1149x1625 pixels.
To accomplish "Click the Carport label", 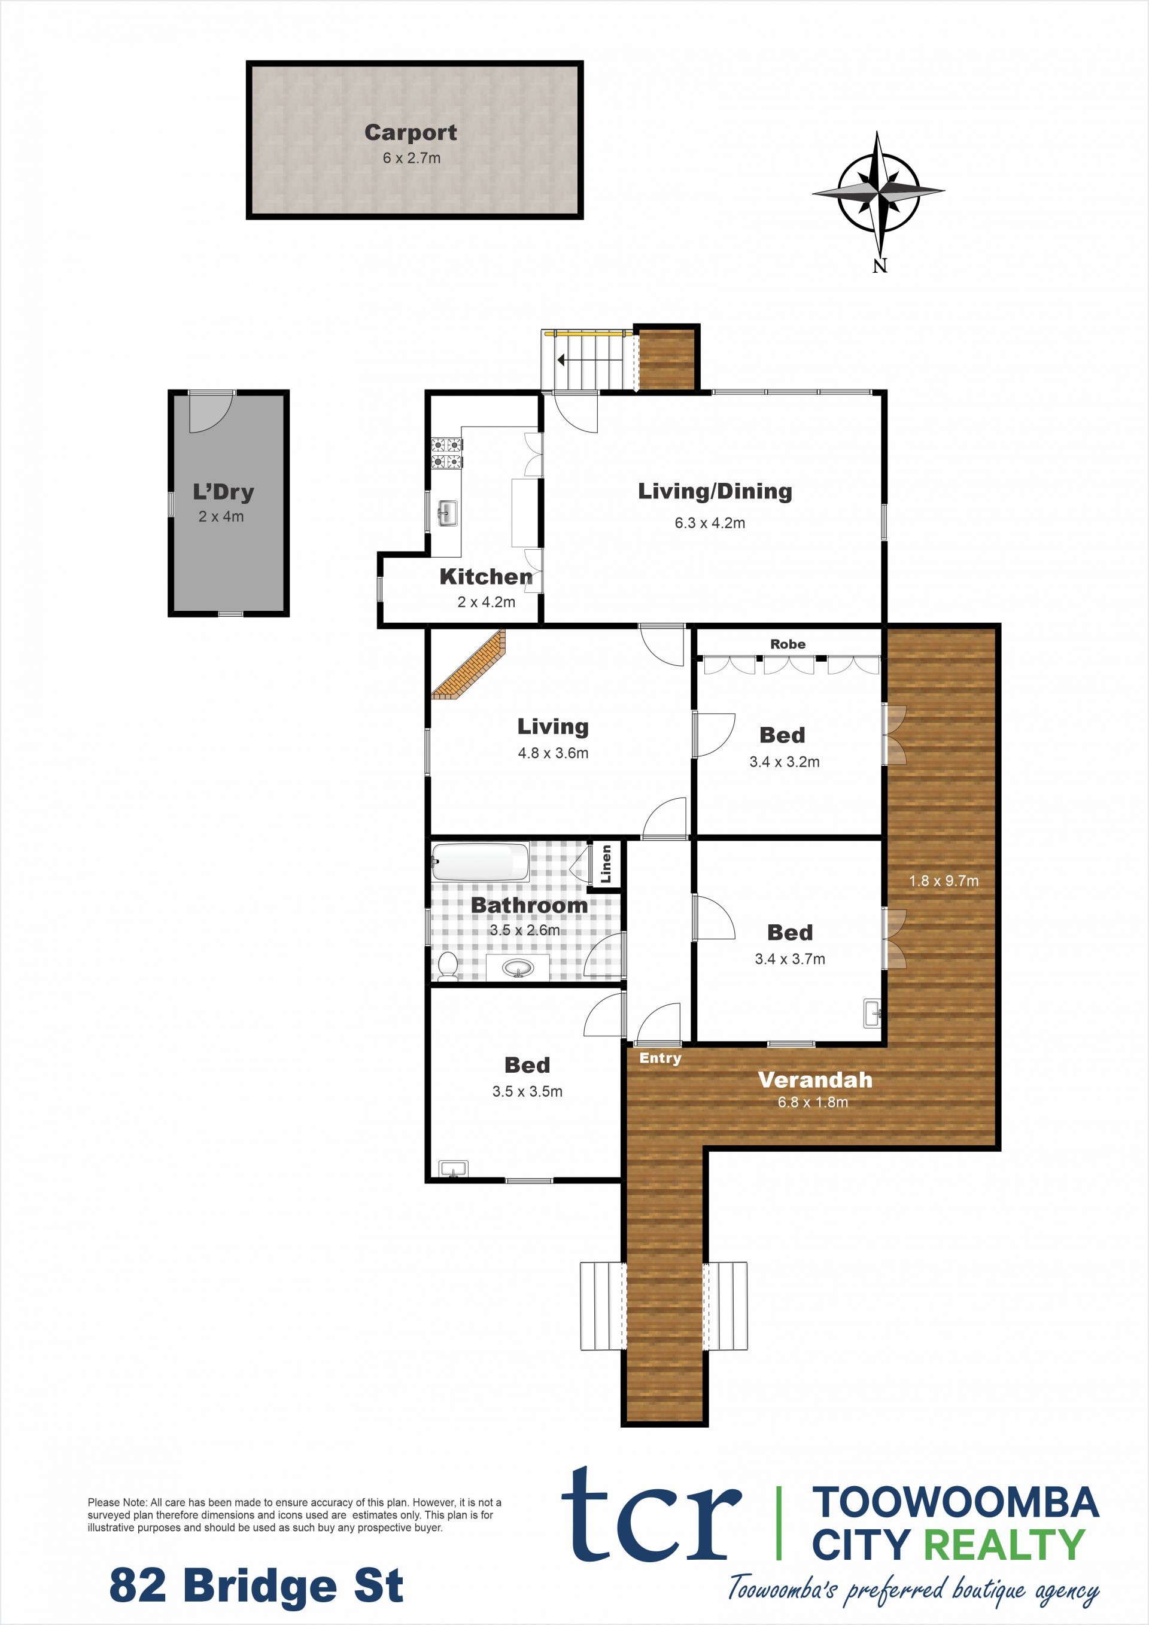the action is tap(411, 132).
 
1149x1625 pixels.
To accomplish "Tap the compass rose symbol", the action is tap(878, 192).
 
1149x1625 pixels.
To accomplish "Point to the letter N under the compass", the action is tap(879, 266).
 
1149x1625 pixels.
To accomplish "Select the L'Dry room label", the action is tap(223, 491).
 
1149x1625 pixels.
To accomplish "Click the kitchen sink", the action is tap(446, 513).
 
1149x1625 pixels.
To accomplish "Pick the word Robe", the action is tap(788, 644).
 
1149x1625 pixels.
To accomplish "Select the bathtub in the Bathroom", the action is tap(480, 862).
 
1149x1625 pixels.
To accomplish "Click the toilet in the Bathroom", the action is tap(448, 966).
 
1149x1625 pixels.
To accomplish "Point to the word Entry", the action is tap(660, 1058).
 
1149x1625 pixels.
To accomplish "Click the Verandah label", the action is tap(815, 1080).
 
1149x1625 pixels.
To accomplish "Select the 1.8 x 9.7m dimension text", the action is tap(944, 881).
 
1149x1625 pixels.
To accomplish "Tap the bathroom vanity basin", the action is tap(518, 967).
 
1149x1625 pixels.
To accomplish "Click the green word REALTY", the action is tap(1005, 1544).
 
